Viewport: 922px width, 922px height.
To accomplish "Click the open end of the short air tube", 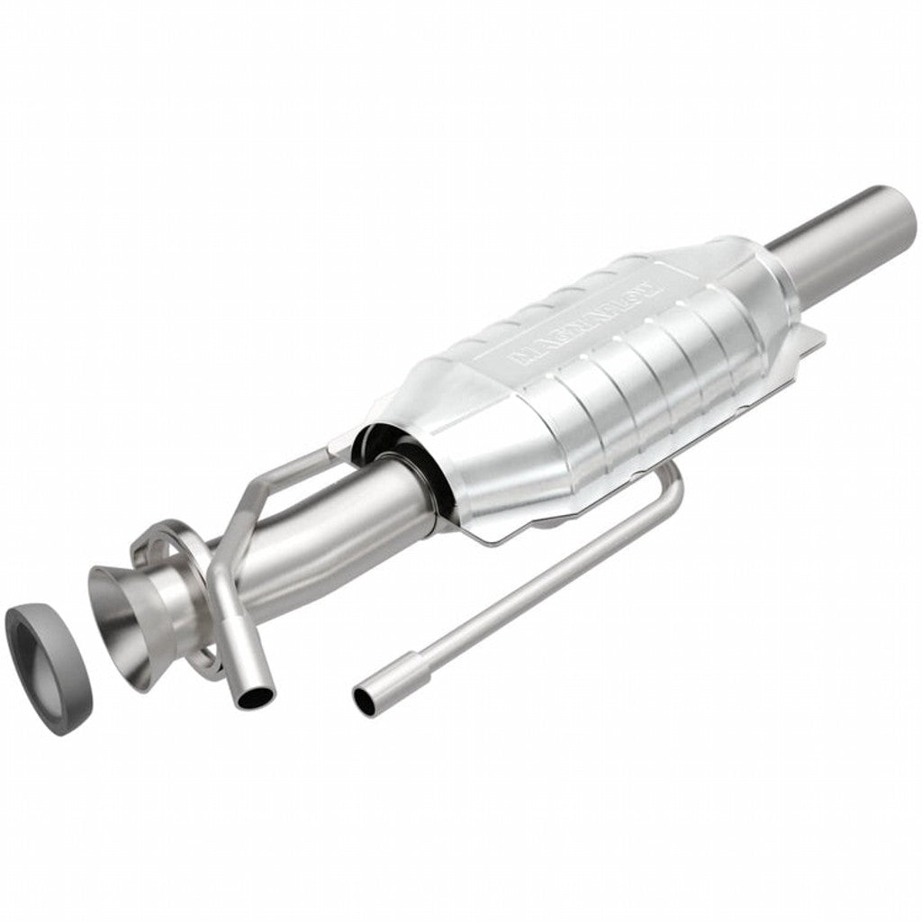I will click(254, 696).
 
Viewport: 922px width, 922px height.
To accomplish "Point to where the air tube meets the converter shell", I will click(338, 450).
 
